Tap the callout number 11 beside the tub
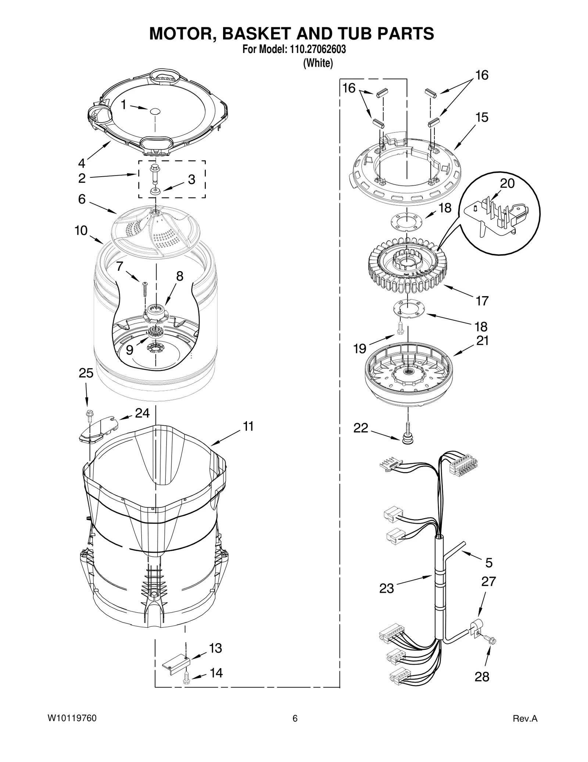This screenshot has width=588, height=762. click(248, 426)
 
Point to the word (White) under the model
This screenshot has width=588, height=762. click(318, 63)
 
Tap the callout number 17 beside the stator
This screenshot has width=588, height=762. click(482, 301)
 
